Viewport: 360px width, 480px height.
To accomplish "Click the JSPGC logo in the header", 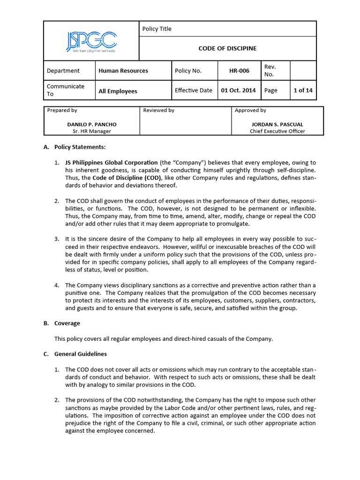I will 91,41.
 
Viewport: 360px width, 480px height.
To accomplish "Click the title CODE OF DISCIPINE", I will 227,48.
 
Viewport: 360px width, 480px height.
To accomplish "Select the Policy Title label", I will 157,29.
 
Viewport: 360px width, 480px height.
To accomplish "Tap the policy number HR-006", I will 239,71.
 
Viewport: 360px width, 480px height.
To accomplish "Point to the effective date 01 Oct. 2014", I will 238,90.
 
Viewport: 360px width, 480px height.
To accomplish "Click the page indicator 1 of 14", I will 303,90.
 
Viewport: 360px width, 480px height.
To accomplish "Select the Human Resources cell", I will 123,71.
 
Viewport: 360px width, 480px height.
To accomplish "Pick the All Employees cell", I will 118,91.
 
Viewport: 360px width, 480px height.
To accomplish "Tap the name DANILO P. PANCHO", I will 92,124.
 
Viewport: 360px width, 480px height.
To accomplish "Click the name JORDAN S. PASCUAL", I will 277,124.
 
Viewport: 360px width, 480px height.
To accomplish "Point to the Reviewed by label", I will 158,111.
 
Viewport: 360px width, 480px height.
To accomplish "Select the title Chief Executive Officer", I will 277,131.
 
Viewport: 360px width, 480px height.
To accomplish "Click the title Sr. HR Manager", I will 92,131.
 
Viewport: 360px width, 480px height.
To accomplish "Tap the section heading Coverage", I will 67,323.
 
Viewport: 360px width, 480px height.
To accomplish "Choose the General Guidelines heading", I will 81,354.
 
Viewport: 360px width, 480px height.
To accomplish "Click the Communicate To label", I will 66,90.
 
